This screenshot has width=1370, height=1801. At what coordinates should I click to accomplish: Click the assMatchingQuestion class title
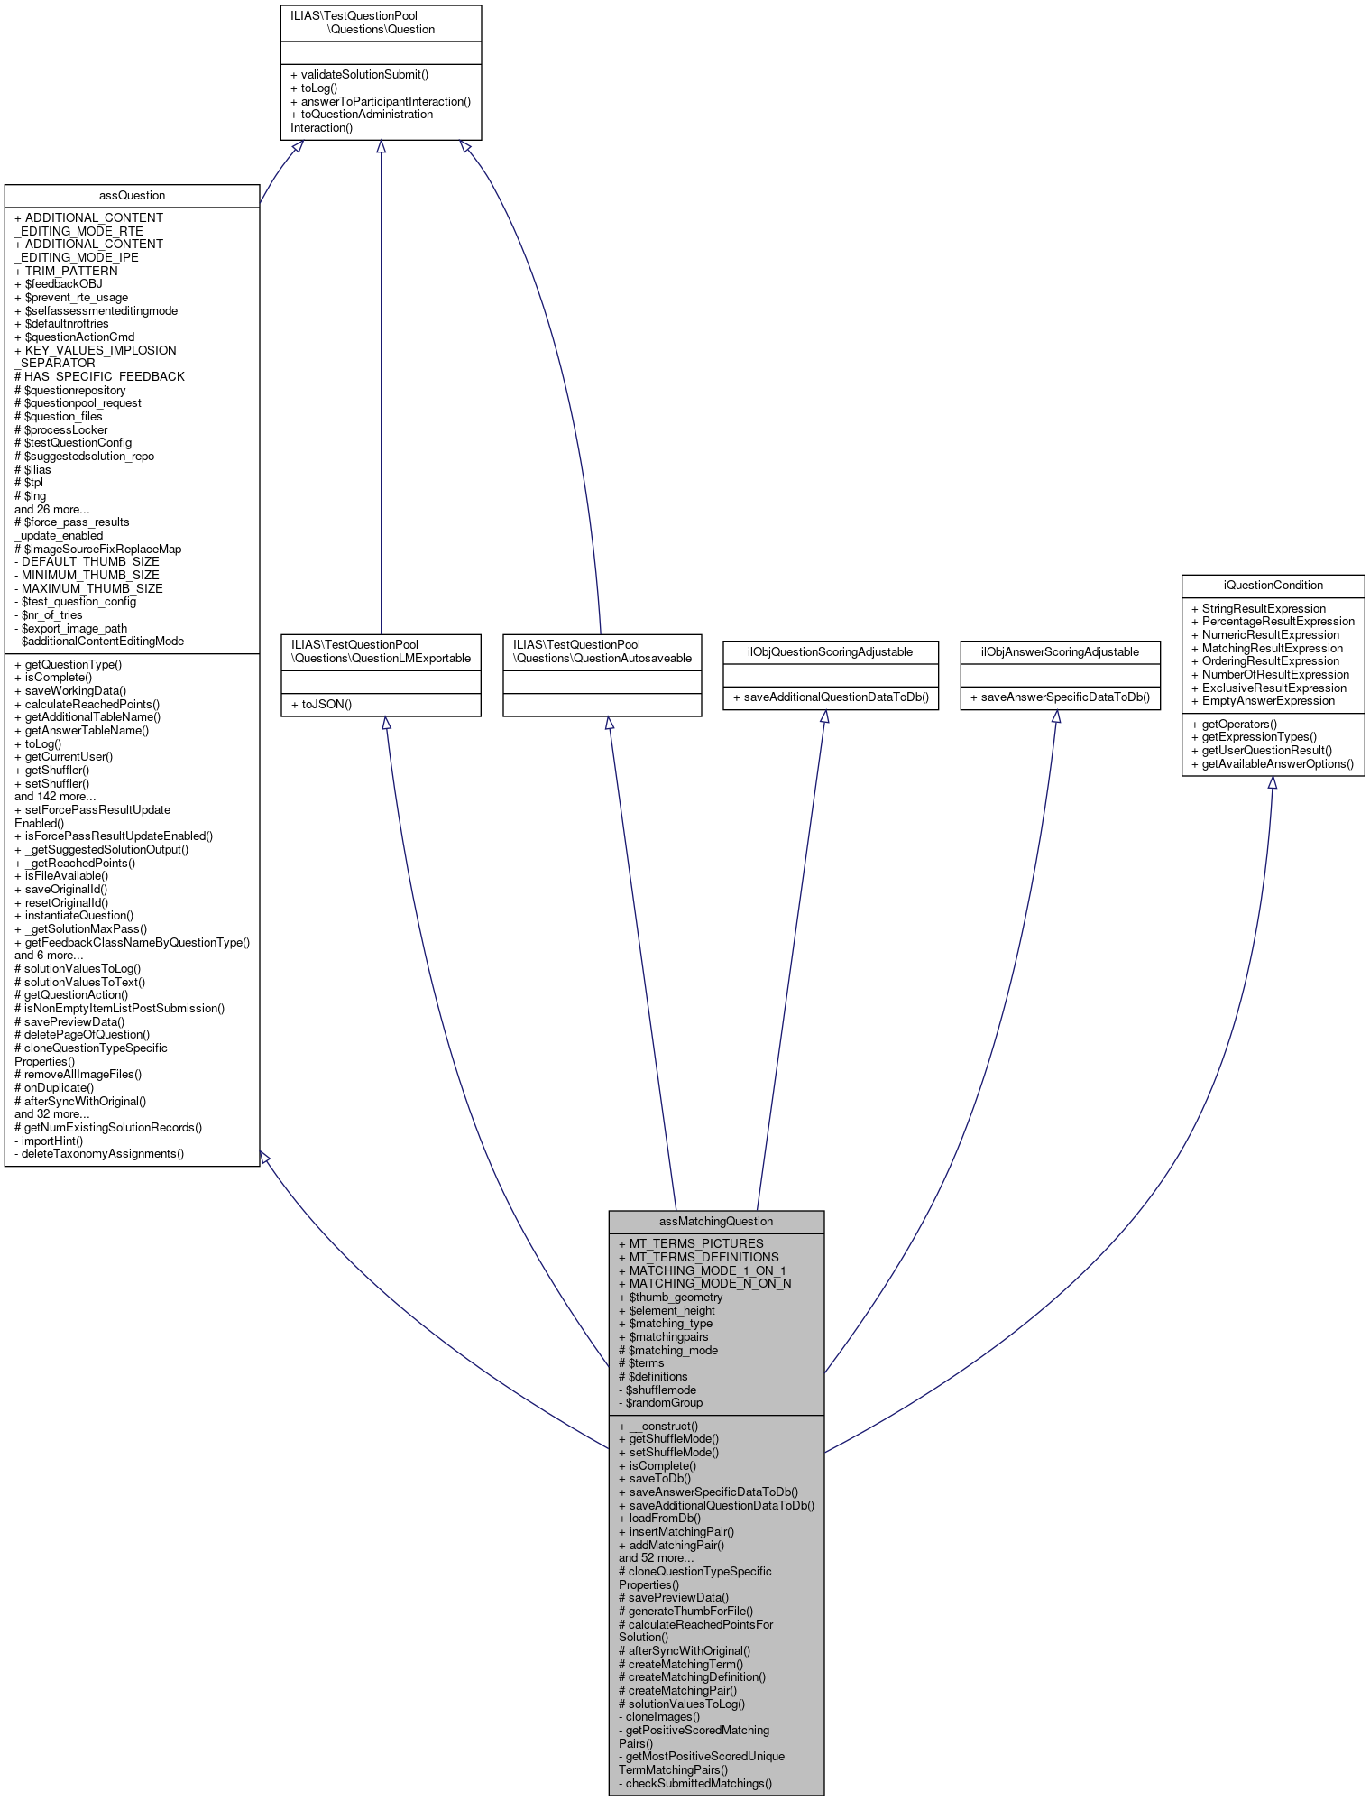point(716,1221)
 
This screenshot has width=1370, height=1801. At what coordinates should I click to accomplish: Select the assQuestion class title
point(132,195)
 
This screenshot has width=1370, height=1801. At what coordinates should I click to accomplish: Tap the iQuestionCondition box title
point(1273,585)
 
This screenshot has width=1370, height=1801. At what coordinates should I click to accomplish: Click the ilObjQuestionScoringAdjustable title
point(830,651)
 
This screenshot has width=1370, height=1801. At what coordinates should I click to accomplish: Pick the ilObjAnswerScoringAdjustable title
point(1060,651)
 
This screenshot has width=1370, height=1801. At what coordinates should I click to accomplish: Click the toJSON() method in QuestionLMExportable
point(321,704)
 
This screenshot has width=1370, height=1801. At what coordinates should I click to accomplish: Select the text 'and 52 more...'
point(657,1557)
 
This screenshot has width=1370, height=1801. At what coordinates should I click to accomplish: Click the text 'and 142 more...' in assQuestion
point(55,796)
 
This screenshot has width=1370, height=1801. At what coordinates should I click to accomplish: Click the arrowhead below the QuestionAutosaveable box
point(610,724)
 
